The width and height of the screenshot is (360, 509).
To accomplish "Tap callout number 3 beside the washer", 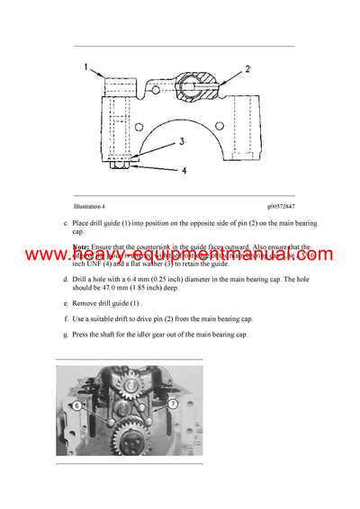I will (181, 142).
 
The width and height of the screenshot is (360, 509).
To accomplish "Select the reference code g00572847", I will (274, 207).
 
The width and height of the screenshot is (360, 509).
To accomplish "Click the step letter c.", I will (66, 223).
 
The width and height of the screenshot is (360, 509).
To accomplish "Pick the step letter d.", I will (66, 280).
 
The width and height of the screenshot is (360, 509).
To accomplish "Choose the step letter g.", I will (66, 334).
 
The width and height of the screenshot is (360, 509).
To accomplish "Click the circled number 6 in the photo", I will (78, 406).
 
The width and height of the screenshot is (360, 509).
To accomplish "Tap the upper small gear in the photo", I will (127, 393).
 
